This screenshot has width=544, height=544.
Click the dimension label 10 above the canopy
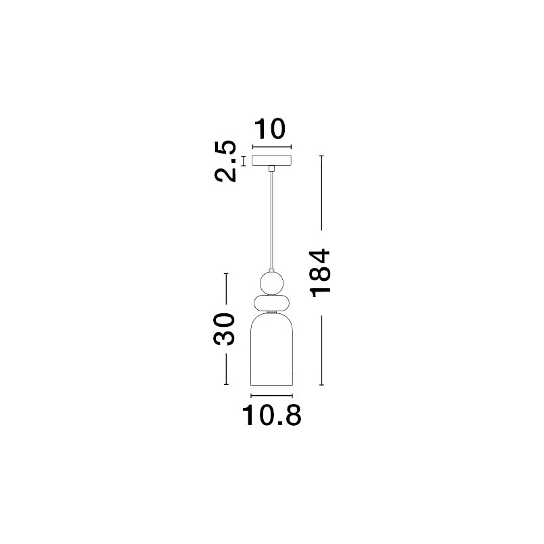(x=269, y=129)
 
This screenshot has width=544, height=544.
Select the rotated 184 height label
(x=321, y=273)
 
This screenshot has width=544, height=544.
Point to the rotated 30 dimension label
(x=225, y=329)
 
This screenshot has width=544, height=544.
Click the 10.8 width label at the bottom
(x=271, y=415)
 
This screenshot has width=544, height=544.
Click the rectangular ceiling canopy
(x=271, y=160)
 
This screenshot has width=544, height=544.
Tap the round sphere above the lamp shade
(x=271, y=283)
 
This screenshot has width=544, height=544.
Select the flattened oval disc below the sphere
(x=271, y=303)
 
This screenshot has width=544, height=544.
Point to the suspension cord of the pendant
(x=271, y=221)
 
